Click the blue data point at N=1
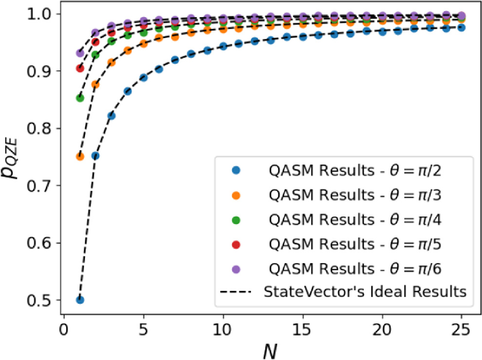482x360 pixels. click(x=80, y=300)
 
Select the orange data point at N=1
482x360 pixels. click(x=80, y=157)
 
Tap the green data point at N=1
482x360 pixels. click(x=80, y=98)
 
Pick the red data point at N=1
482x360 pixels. click(x=80, y=68)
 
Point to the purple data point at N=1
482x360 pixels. click(x=80, y=53)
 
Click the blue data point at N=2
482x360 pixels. click(x=96, y=156)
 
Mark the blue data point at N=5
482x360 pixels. click(x=143, y=77)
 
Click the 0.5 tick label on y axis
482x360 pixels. click(x=41, y=300)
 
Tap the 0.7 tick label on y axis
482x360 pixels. click(x=41, y=185)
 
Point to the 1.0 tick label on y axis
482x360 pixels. click(x=41, y=14)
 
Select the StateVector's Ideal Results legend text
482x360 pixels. click(x=365, y=292)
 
